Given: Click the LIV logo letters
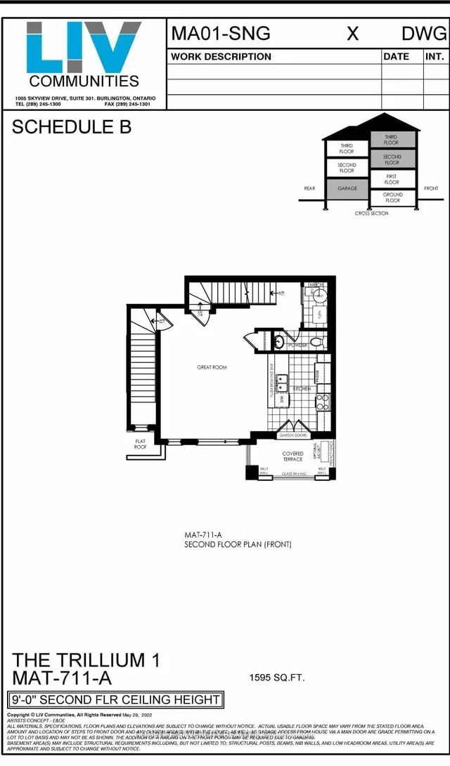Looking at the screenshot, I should coord(83,47).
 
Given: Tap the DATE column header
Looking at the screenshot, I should coord(396,57).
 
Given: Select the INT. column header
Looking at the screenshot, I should coord(434,57).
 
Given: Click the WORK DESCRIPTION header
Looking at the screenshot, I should coord(221,57).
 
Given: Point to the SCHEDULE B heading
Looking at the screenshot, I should coord(72,128).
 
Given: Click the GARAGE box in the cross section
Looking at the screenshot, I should coord(347,188).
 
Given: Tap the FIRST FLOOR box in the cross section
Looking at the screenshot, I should coord(392,178).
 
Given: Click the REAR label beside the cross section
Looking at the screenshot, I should coord(309,188).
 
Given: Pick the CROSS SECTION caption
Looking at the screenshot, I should coord(371,213).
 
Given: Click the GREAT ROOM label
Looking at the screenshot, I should coord(212,367).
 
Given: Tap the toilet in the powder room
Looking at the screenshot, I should coord(316,342).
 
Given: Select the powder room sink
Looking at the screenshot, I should coord(278,343).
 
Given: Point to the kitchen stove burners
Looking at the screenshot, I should coord(323,402).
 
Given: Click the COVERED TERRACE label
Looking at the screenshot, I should coord(292,456).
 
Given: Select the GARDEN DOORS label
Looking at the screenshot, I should coord(291,436).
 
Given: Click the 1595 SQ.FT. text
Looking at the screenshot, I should coord(276,678).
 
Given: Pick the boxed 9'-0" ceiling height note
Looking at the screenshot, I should coord(115,699).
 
